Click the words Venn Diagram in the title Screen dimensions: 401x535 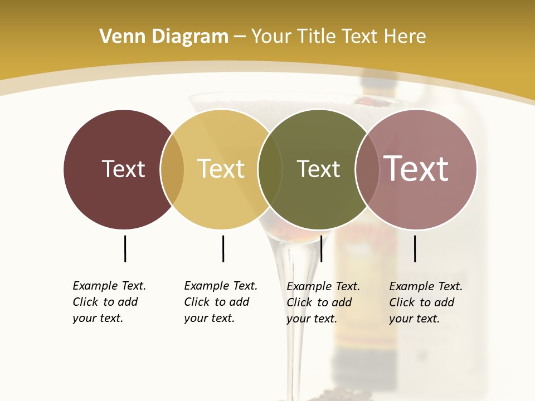[164, 36]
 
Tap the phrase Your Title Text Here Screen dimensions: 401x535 [338, 36]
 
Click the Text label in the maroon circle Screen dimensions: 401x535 [123, 169]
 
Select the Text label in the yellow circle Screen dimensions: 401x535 [221, 169]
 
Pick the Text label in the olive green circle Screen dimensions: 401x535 [318, 169]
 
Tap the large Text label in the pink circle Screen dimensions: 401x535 [416, 169]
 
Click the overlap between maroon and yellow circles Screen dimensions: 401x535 [172, 169]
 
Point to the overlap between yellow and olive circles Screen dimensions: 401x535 [270, 169]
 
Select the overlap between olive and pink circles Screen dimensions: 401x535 [367, 169]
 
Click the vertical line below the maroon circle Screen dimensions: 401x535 [125, 248]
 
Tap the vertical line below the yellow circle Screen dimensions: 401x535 [223, 248]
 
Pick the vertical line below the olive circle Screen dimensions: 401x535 [322, 248]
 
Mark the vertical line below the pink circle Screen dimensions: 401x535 [415, 248]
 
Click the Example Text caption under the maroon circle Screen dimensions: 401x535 [109, 302]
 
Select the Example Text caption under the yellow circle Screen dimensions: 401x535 [220, 302]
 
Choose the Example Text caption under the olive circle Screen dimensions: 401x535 [323, 302]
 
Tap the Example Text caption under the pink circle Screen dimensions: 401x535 [425, 302]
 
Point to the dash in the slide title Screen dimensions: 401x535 [240, 37]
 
